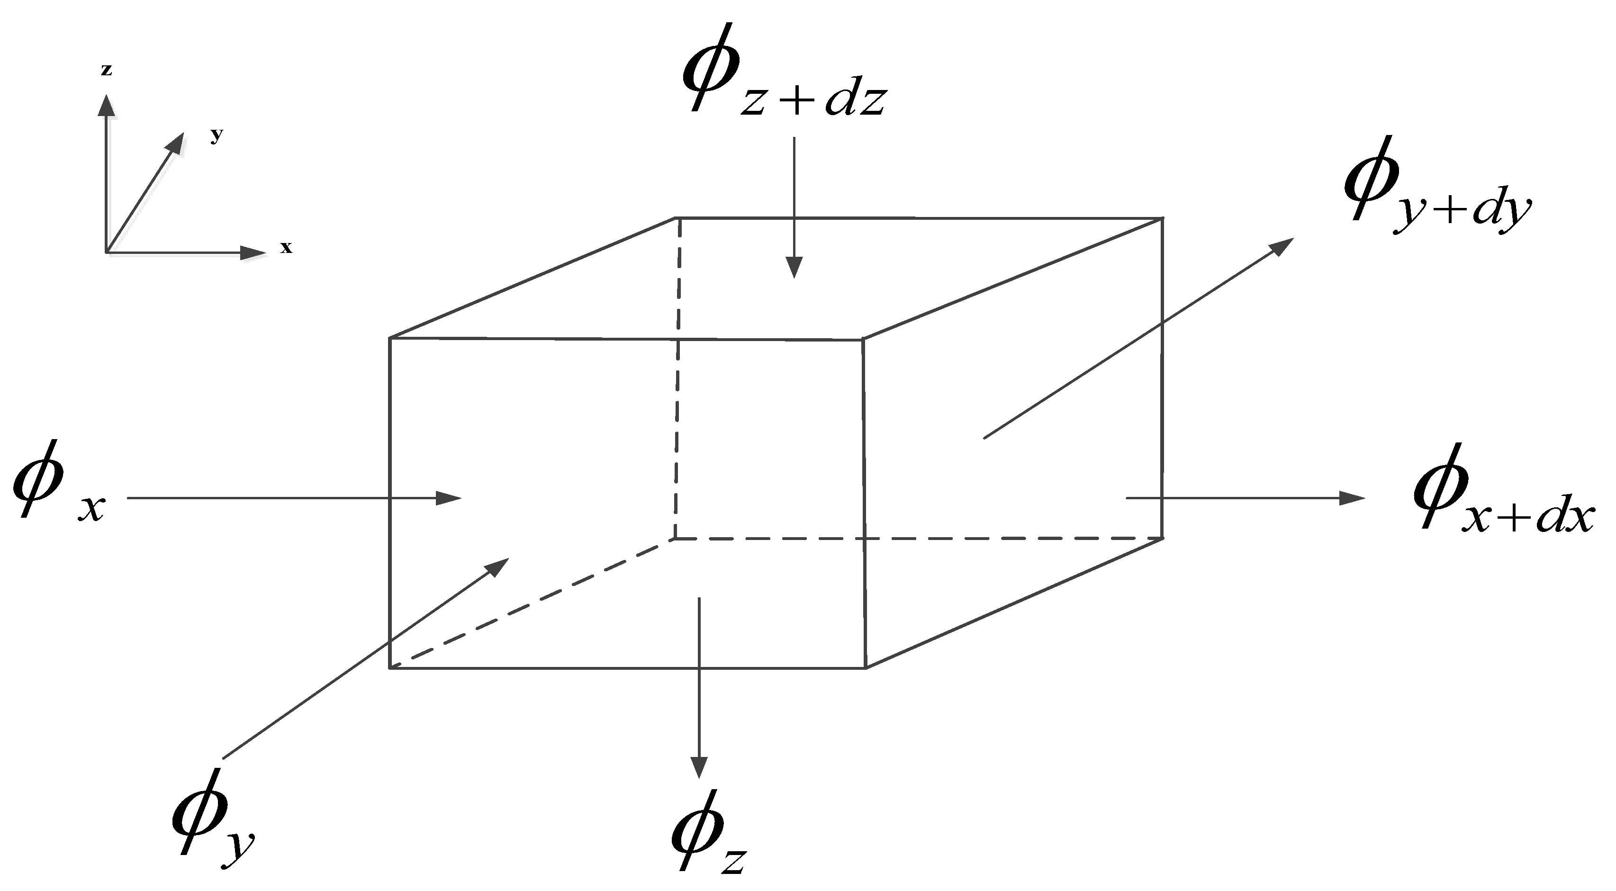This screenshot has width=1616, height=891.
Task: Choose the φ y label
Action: (x=213, y=815)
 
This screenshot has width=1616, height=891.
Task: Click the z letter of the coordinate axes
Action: (x=107, y=70)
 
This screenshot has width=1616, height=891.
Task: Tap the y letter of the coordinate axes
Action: (x=217, y=135)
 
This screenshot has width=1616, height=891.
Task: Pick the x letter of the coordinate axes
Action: (x=286, y=248)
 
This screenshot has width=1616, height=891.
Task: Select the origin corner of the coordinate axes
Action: (x=107, y=252)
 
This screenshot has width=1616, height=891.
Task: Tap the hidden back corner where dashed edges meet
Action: (x=675, y=538)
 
